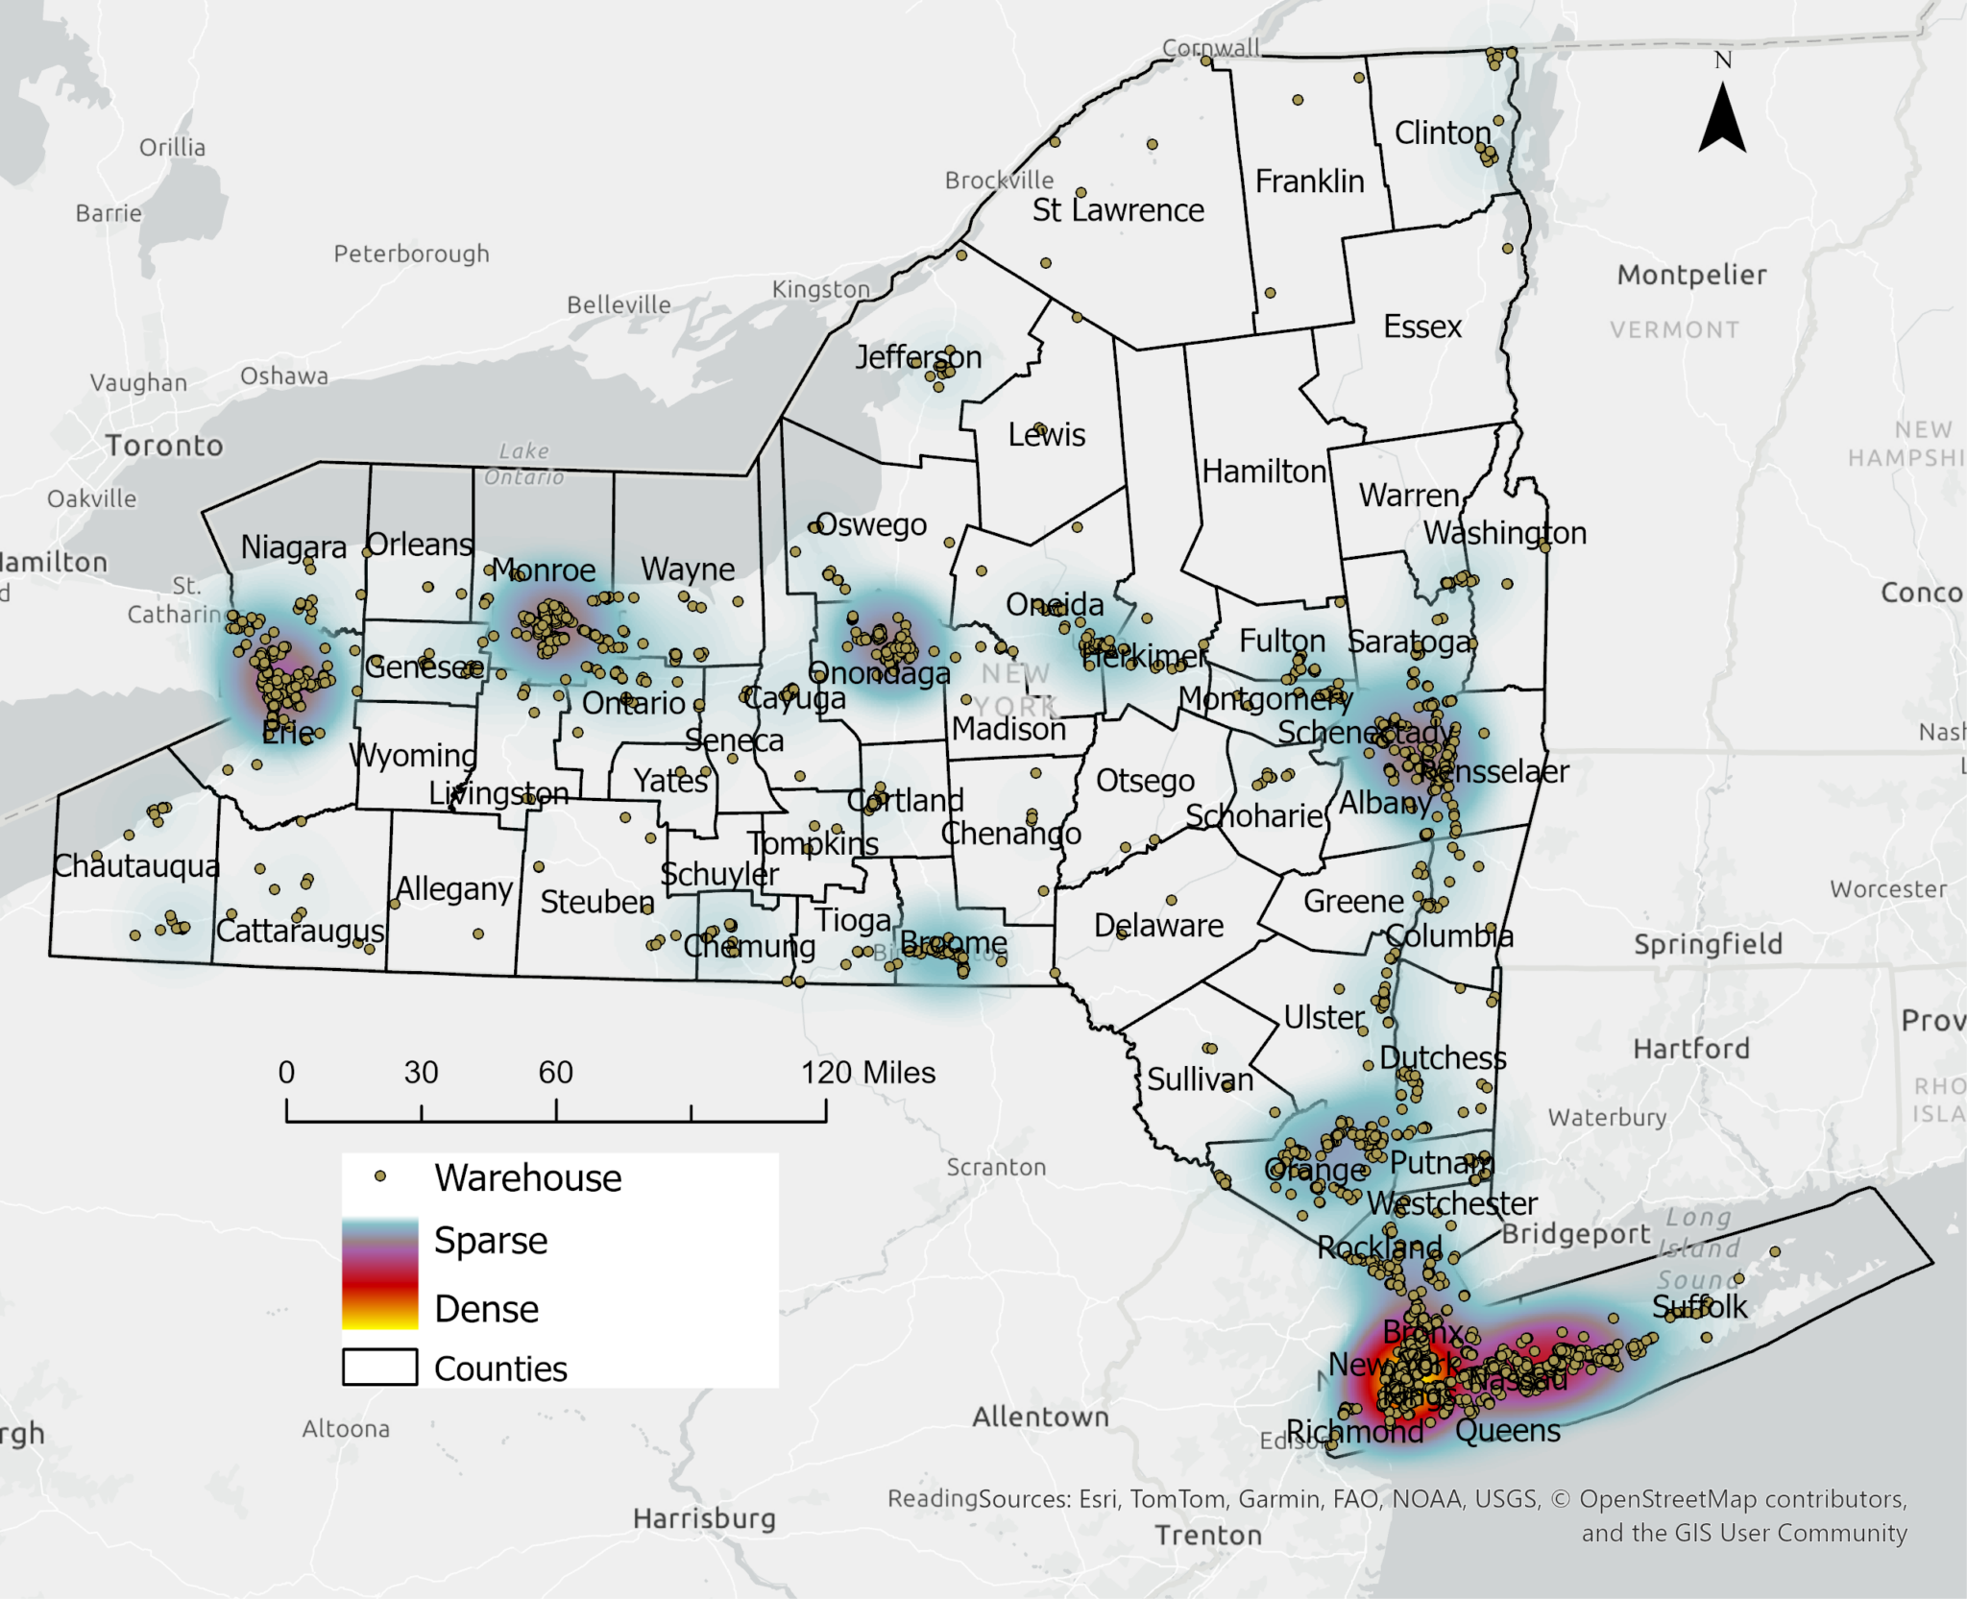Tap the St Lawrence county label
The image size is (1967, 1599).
tap(1118, 210)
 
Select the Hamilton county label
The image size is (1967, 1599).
tap(1264, 472)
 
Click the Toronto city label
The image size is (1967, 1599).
tap(164, 446)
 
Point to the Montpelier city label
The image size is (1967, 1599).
tap(1691, 276)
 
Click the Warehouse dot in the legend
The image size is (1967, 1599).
tap(380, 1175)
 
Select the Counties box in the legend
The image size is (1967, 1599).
tap(380, 1367)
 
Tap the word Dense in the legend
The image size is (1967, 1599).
tap(486, 1309)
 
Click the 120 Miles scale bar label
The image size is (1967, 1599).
tap(868, 1072)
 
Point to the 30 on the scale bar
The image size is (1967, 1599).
tap(421, 1072)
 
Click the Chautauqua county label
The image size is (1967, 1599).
tap(136, 866)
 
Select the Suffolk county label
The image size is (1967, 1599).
tap(1699, 1306)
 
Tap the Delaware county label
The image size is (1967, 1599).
tap(1158, 926)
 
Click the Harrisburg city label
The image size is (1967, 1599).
tap(704, 1518)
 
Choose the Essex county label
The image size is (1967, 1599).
tap(1421, 327)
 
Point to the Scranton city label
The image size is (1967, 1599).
tap(996, 1167)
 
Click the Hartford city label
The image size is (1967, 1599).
tap(1690, 1048)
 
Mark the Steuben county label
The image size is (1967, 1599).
tap(596, 902)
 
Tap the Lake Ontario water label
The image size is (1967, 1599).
tap(524, 464)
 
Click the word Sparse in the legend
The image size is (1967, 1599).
tap(491, 1241)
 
